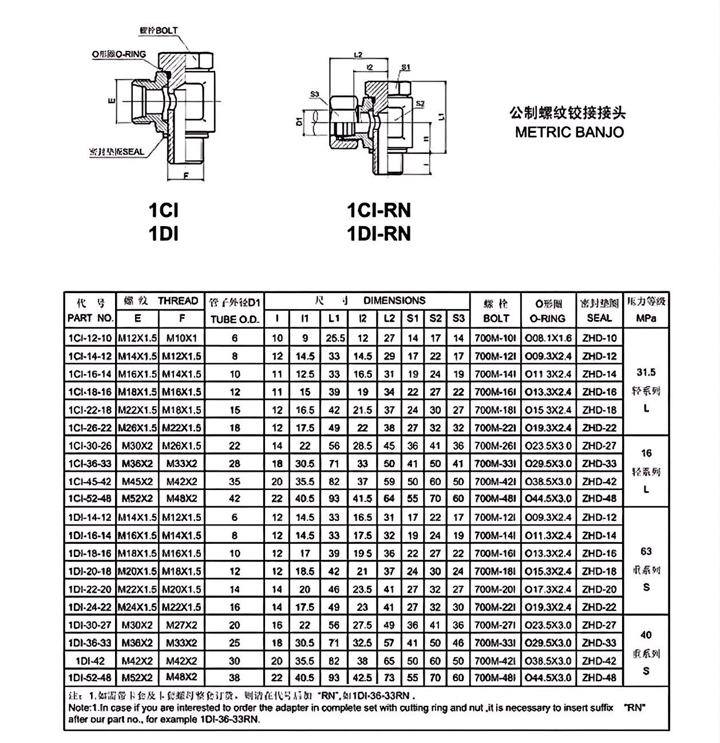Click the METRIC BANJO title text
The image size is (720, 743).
[569, 132]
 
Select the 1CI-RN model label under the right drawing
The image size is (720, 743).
[379, 211]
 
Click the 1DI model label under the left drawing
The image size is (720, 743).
[163, 234]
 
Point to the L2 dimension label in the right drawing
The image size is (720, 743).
[358, 55]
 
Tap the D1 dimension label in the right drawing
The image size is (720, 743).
[299, 122]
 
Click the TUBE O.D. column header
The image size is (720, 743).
[235, 319]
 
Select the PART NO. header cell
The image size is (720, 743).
[90, 318]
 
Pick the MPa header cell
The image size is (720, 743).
[646, 318]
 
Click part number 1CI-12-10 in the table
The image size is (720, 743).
[90, 338]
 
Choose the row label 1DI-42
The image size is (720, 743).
[90, 660]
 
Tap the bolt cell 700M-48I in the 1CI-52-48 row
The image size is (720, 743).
[496, 499]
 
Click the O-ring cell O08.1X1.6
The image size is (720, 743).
[548, 338]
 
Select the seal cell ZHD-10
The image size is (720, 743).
[599, 338]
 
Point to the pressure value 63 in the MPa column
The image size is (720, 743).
[646, 551]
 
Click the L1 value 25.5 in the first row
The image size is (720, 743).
[334, 338]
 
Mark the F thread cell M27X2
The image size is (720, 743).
[181, 625]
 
